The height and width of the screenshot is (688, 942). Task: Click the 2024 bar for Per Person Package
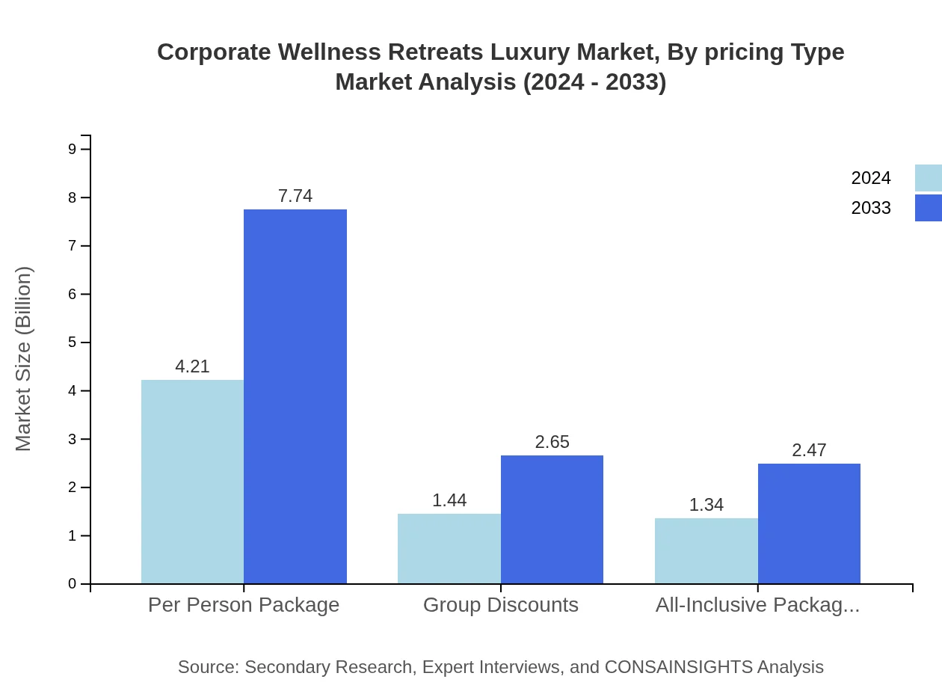[192, 482]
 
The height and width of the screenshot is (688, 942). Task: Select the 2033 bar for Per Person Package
[295, 396]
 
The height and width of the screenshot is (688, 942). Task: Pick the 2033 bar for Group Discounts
[552, 519]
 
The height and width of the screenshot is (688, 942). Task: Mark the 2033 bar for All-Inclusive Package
[809, 523]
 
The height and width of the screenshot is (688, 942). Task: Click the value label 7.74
[295, 196]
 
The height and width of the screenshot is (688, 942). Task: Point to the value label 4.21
[192, 366]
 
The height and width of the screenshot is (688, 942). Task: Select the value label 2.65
[552, 442]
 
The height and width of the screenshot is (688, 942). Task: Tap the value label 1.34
[706, 505]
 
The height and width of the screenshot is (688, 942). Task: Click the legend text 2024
[871, 178]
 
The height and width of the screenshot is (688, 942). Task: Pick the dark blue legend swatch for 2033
[928, 208]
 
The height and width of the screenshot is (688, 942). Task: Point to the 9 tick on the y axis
[73, 149]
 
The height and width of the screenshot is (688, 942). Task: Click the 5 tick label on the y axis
[73, 343]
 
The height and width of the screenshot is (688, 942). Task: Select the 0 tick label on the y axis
[73, 584]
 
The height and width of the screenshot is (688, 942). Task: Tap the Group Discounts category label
[501, 604]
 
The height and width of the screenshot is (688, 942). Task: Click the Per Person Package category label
[244, 604]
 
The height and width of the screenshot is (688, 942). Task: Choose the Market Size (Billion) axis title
[23, 359]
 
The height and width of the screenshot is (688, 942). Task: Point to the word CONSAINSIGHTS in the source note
[678, 666]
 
